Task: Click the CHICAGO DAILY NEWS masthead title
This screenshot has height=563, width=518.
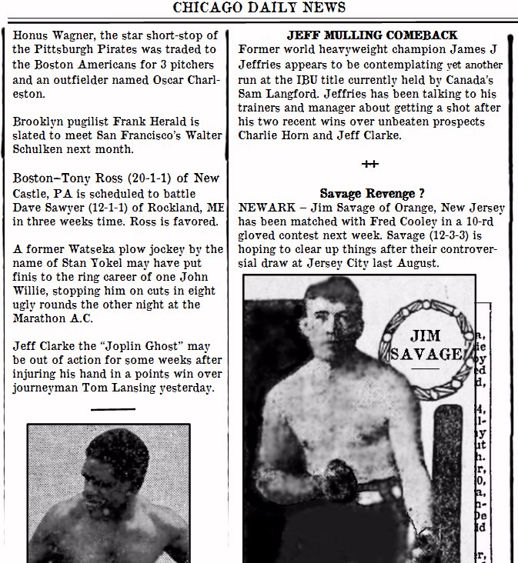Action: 259,8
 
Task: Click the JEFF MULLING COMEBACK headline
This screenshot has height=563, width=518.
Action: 372,35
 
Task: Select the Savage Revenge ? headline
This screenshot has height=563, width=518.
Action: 372,194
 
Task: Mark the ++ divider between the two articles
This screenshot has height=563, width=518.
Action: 370,164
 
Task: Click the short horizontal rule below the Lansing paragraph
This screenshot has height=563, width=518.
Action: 112,410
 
